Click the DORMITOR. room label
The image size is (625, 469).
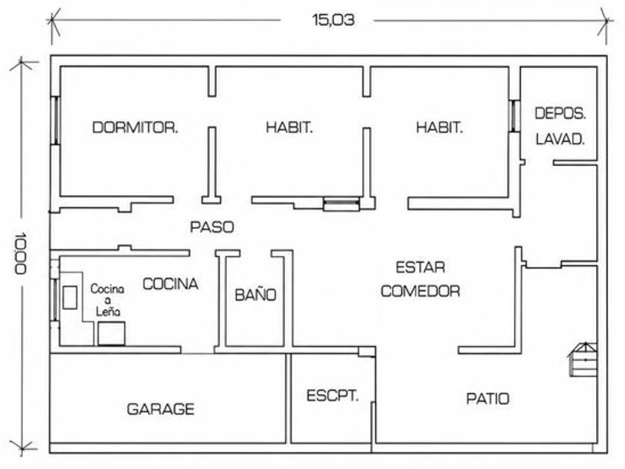(x=135, y=127)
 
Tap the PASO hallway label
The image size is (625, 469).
(x=212, y=227)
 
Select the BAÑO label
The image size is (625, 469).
(x=255, y=295)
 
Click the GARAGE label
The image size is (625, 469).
(x=161, y=409)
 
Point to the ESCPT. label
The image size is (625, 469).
(x=333, y=396)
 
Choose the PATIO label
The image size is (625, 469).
(x=488, y=399)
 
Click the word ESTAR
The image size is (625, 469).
(x=420, y=267)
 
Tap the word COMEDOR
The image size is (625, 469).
(x=420, y=291)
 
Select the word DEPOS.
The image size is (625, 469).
(x=560, y=114)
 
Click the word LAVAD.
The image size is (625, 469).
(x=560, y=139)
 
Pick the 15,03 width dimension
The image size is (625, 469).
(x=333, y=20)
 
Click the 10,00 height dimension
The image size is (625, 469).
(x=20, y=253)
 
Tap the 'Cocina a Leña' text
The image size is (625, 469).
(x=107, y=300)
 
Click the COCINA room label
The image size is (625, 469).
(x=170, y=284)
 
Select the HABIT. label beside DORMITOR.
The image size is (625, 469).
(x=289, y=127)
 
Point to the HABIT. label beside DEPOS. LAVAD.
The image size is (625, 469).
(x=439, y=127)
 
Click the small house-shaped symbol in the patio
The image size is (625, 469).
(x=583, y=360)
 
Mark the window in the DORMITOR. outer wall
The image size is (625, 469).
(x=56, y=120)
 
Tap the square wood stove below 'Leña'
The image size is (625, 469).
(x=112, y=334)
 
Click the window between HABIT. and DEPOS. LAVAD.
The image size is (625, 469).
(x=515, y=115)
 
